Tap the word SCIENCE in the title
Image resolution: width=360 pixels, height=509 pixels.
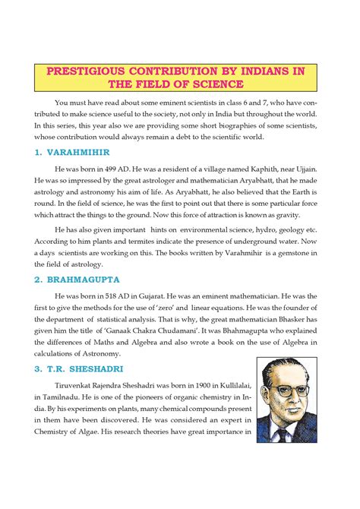pos(216,84)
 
